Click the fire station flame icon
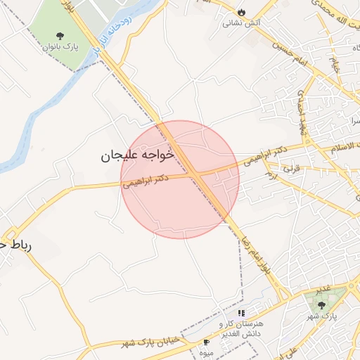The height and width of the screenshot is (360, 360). [241, 12]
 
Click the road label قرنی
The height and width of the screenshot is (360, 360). [290, 169]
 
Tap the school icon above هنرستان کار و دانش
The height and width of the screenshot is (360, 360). [240, 313]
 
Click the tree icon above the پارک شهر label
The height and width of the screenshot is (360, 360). [321, 304]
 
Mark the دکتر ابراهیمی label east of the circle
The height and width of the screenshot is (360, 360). [263, 155]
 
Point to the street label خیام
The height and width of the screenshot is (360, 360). [335, 67]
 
